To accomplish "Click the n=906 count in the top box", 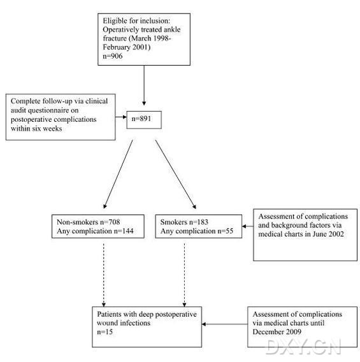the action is [113, 56].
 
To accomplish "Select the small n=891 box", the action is [144, 120].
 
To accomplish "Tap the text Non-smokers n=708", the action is [89, 222].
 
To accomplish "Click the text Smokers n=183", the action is [184, 222].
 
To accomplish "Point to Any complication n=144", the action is [95, 231].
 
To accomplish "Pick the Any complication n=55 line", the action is [197, 231].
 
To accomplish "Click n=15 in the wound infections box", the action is [104, 332].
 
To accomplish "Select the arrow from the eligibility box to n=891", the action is [144, 85].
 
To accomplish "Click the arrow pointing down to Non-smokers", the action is [118, 174].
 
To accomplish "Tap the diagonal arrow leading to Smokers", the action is [176, 174].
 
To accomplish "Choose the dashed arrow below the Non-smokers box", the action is [104, 275].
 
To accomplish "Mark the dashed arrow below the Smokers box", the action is [184, 275].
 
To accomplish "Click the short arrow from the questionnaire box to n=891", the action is [121, 117].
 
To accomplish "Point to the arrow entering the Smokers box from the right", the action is [248, 226].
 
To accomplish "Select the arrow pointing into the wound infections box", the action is [224, 324].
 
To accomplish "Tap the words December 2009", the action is [277, 332].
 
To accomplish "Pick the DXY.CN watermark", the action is [304, 347].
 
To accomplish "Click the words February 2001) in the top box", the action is [126, 47].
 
